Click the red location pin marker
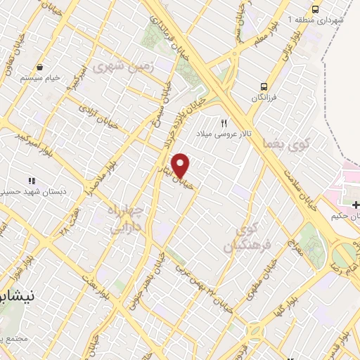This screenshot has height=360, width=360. (x=181, y=165)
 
